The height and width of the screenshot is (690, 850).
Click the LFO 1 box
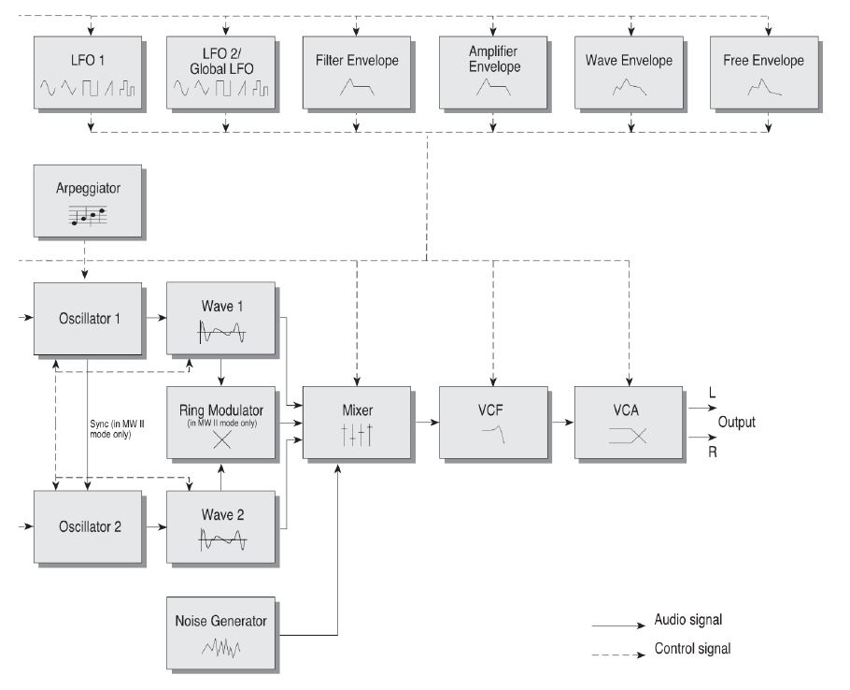(x=90, y=74)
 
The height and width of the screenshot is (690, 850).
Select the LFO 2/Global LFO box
(x=222, y=74)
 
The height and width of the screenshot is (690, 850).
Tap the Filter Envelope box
(x=356, y=74)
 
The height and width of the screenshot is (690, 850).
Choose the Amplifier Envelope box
(x=494, y=74)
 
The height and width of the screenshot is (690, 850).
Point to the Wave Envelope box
(x=630, y=74)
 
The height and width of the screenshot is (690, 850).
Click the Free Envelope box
(x=763, y=74)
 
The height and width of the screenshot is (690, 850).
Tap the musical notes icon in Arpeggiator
(x=89, y=216)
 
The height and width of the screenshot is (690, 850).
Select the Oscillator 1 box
(x=90, y=318)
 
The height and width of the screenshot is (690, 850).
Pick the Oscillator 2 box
(x=90, y=526)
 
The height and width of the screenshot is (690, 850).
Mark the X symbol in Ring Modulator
(x=221, y=440)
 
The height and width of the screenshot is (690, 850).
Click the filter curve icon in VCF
(x=493, y=433)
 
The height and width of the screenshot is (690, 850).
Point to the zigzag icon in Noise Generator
(x=221, y=645)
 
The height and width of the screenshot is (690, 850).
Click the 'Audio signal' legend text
(x=688, y=620)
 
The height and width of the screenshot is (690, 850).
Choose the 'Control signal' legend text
(x=691, y=649)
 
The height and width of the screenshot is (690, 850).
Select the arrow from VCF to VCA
(x=560, y=423)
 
